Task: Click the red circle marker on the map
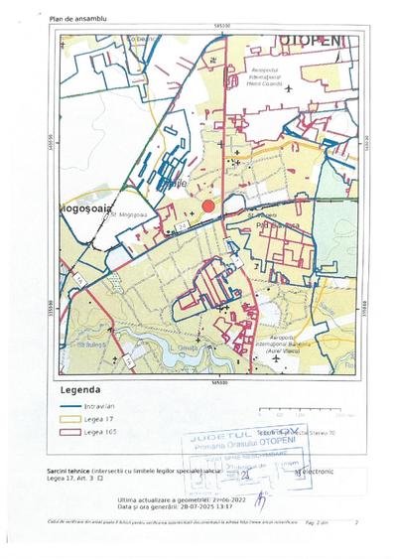208,206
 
